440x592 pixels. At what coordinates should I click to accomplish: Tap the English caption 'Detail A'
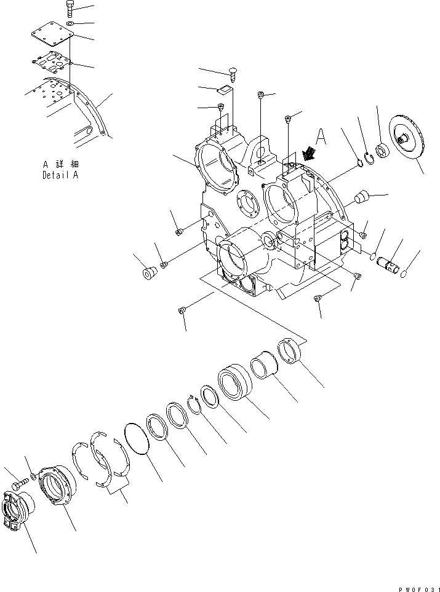tap(60, 175)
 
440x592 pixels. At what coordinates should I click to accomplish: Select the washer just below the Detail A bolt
tap(70, 24)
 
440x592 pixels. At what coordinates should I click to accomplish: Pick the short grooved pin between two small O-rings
tap(391, 260)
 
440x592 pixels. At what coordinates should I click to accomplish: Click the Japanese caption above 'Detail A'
tap(60, 165)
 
